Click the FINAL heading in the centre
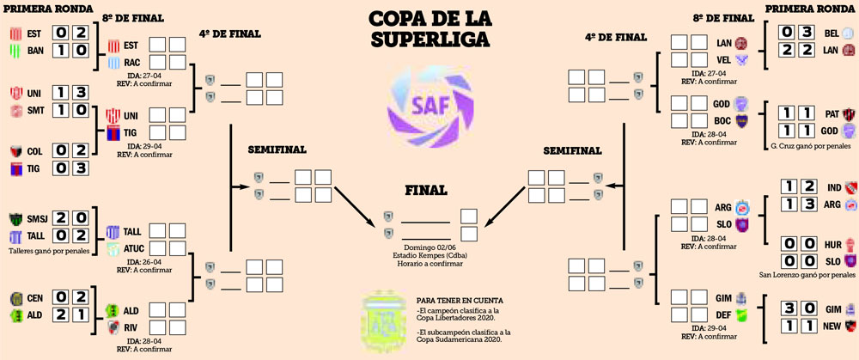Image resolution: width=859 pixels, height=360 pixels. tap(428, 190)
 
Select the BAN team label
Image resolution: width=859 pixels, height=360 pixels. tap(34, 52)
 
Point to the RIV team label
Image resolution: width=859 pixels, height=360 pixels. tap(131, 327)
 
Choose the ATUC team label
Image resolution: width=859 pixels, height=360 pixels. tap(135, 249)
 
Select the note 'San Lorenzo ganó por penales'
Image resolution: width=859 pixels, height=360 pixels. tap(807, 276)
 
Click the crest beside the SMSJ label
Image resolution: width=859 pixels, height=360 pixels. tap(15, 218)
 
